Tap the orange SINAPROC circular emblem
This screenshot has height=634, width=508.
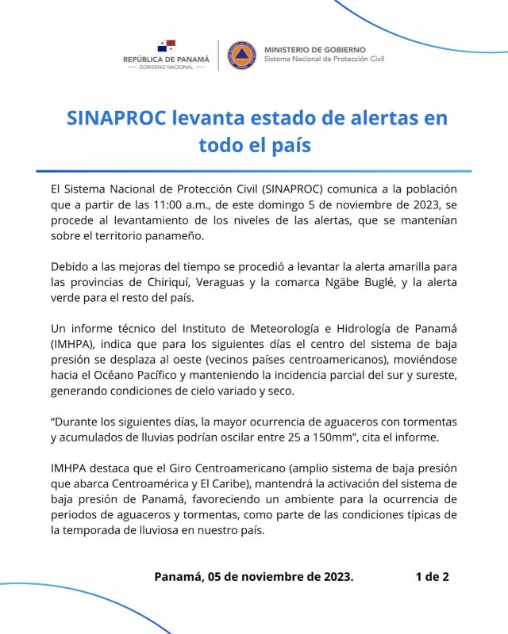coord(241,55)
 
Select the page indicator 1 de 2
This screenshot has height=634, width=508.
coord(432,576)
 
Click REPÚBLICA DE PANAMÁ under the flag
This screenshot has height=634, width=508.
coord(166,59)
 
